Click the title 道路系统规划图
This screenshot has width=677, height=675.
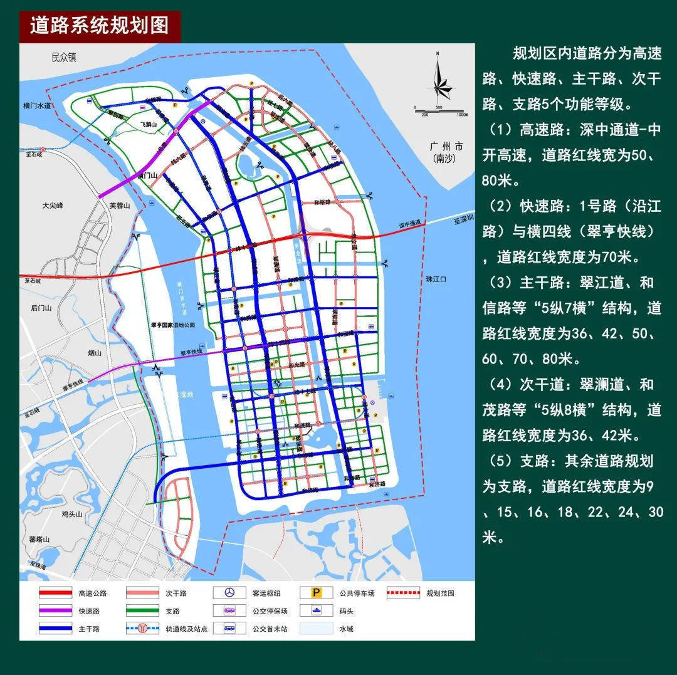click(100, 25)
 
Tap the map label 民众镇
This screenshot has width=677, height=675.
click(64, 58)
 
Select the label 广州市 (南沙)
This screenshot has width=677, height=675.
click(446, 152)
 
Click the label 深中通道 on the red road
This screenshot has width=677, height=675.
click(411, 224)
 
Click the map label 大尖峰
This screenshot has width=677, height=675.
click(53, 206)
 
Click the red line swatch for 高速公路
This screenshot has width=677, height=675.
click(56, 593)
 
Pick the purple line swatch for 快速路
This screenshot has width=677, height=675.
click(56, 610)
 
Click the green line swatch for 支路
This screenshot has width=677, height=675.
click(144, 610)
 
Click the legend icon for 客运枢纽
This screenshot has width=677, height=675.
click(230, 593)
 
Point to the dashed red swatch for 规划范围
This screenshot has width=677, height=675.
click(404, 593)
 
